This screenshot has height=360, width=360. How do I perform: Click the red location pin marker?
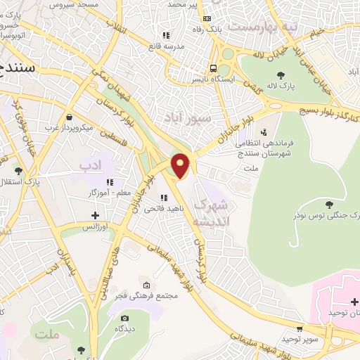[181, 165]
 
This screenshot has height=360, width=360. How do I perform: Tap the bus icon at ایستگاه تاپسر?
[213, 68]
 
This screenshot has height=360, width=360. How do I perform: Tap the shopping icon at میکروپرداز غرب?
[68, 117]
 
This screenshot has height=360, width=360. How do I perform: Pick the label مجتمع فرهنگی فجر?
[149, 295]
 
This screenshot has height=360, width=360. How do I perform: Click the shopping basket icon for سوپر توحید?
[301, 328]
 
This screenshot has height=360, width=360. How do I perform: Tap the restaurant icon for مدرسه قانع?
[165, 34]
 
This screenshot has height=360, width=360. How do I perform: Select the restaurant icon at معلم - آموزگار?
[110, 182]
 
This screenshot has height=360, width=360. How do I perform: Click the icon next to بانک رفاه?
[206, 19]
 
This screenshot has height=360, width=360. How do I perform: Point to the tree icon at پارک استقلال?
[18, 170]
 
